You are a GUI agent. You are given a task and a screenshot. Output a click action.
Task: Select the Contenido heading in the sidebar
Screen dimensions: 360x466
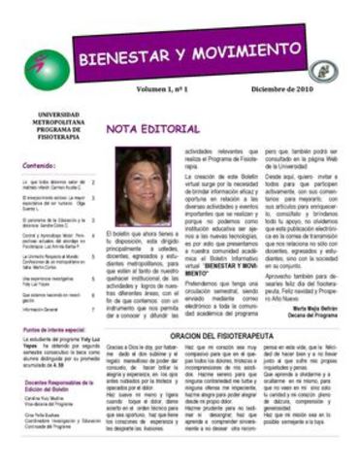(x=40, y=165)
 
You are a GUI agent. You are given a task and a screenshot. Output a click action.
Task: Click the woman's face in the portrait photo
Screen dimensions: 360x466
(x=143, y=183)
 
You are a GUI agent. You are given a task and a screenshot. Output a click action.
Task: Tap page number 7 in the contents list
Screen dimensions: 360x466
(x=93, y=310)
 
